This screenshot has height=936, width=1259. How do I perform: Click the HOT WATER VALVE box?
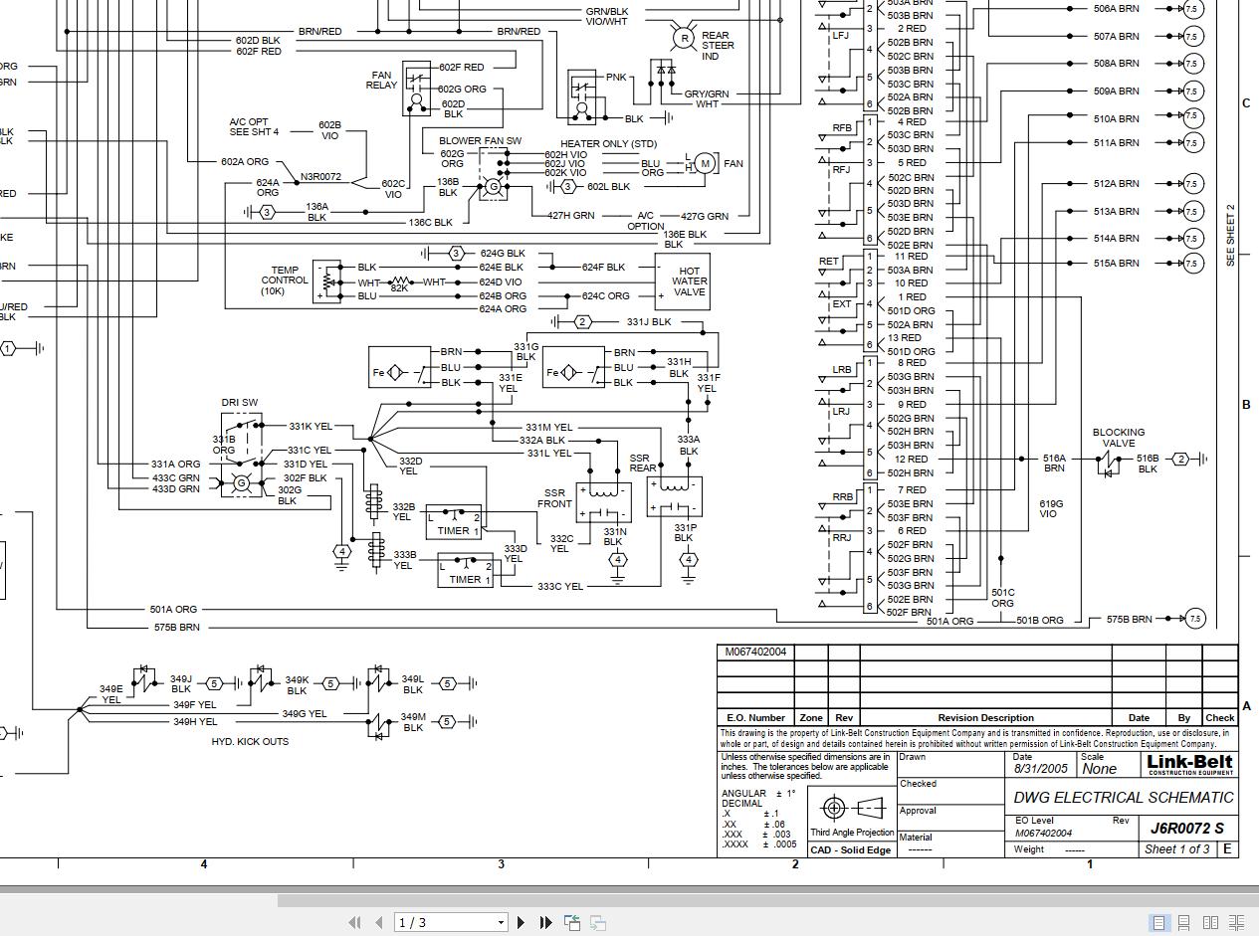tap(682, 281)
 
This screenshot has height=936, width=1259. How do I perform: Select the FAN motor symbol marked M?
tap(705, 163)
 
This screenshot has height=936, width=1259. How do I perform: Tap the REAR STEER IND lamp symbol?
tap(684, 39)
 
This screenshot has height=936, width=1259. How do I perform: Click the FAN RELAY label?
tap(381, 81)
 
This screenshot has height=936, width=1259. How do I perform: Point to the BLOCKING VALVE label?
tap(1118, 438)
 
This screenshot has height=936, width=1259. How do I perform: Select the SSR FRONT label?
tap(555, 498)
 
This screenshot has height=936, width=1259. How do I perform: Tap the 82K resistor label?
tap(399, 288)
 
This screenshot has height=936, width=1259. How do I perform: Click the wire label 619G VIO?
tap(1050, 509)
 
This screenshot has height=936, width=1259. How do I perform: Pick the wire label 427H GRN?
tap(570, 215)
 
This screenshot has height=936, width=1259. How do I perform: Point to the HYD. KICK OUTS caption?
tap(250, 742)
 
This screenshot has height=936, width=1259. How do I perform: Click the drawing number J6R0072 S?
tap(1187, 828)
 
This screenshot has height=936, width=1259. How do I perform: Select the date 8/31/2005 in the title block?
tap(1040, 769)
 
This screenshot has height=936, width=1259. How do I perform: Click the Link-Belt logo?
tap(1189, 765)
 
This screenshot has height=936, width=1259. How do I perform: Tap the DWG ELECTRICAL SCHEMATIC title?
tap(1123, 798)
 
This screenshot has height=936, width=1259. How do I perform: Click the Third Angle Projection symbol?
tap(851, 808)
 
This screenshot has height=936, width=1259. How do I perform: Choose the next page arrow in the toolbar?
tap(521, 922)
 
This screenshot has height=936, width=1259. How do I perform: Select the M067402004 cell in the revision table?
tap(755, 653)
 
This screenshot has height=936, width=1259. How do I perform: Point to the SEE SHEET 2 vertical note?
tap(1230, 235)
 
